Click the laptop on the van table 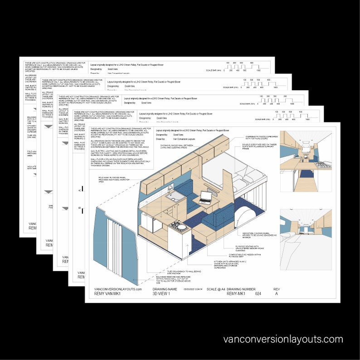205,197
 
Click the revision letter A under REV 276,294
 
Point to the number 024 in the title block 258,294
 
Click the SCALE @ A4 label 216,289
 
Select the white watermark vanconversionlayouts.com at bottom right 283,339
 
